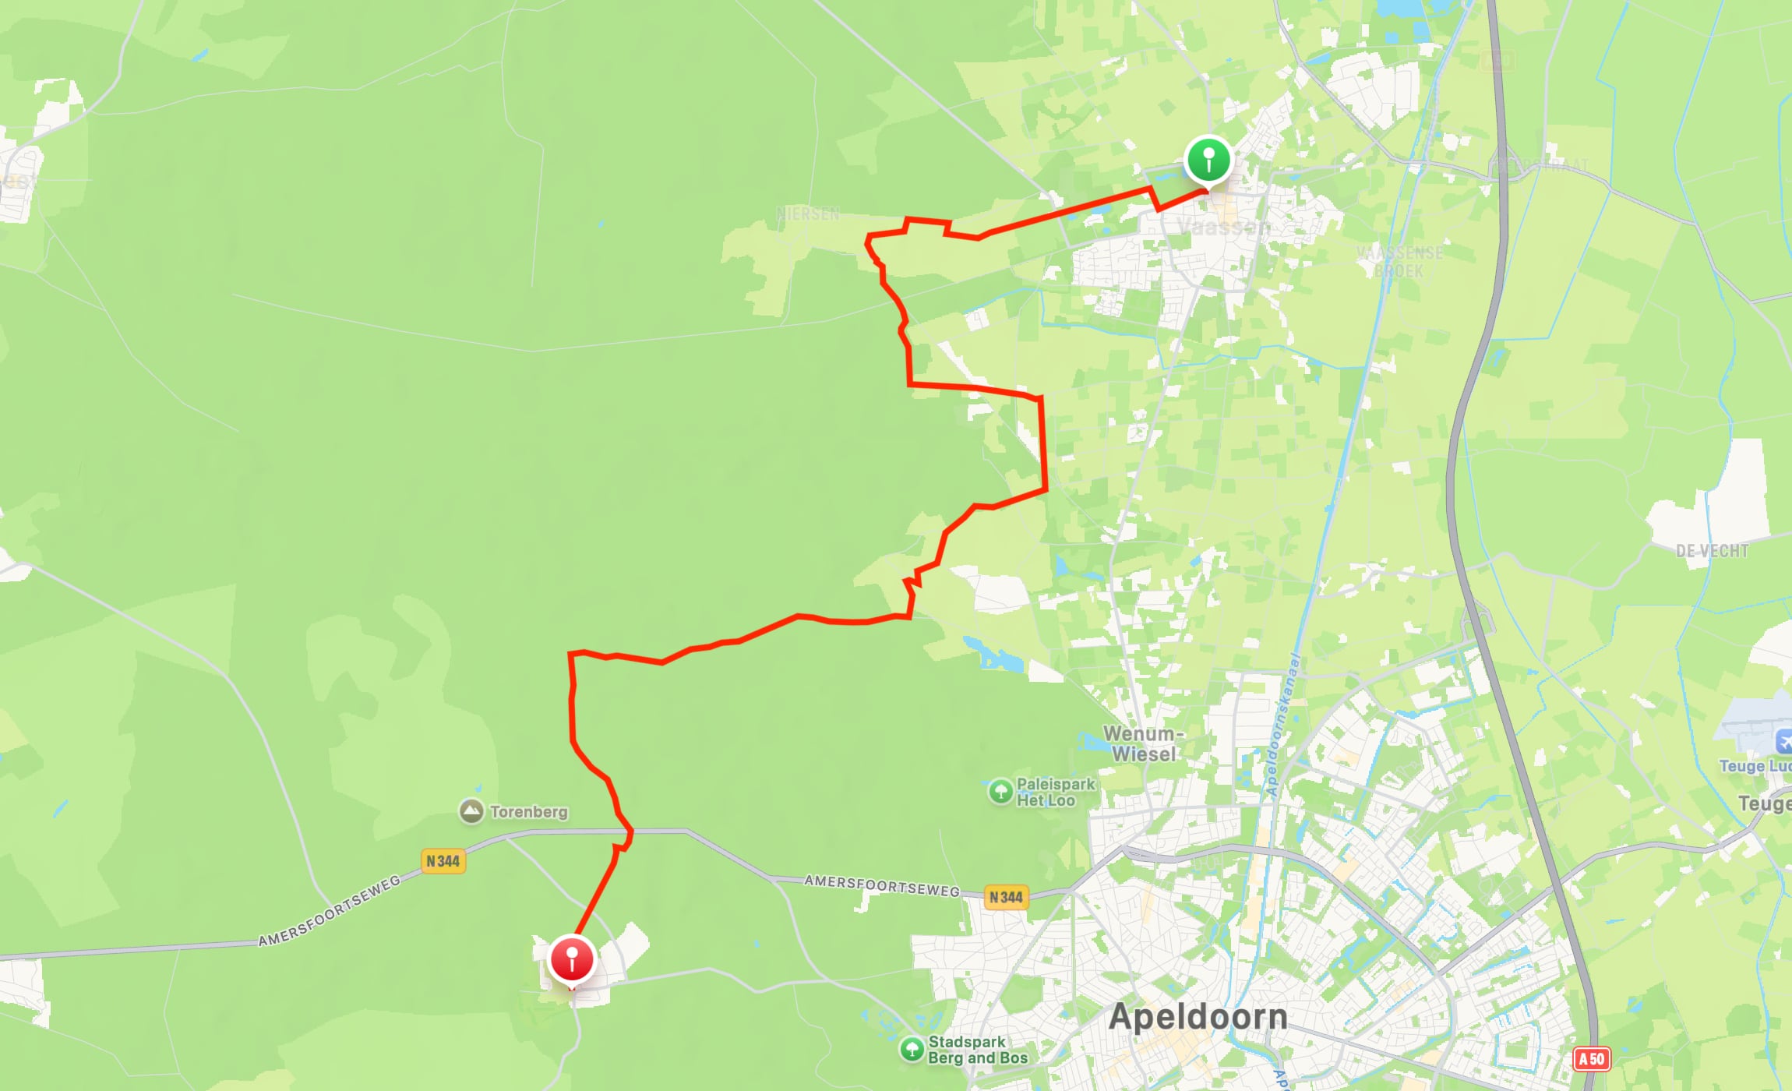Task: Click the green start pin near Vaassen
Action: point(1208,160)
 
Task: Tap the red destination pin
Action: point(572,959)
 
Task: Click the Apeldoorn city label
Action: point(1198,1017)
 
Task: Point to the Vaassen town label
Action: point(1223,227)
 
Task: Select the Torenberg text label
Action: point(529,812)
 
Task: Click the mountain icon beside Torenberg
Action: point(471,811)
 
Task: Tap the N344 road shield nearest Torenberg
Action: point(443,861)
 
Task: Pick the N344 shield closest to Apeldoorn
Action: point(1006,897)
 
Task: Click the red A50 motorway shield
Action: point(1591,1059)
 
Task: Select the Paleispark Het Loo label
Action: point(1056,792)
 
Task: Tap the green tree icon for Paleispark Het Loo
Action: point(1000,792)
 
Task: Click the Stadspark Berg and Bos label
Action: point(977,1050)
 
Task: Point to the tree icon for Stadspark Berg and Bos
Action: point(912,1049)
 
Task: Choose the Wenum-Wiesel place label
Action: point(1144,743)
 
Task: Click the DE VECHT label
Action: point(1712,551)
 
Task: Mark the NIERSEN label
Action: point(808,214)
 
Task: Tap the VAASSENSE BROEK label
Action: point(1399,262)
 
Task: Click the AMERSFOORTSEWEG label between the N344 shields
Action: point(881,885)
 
